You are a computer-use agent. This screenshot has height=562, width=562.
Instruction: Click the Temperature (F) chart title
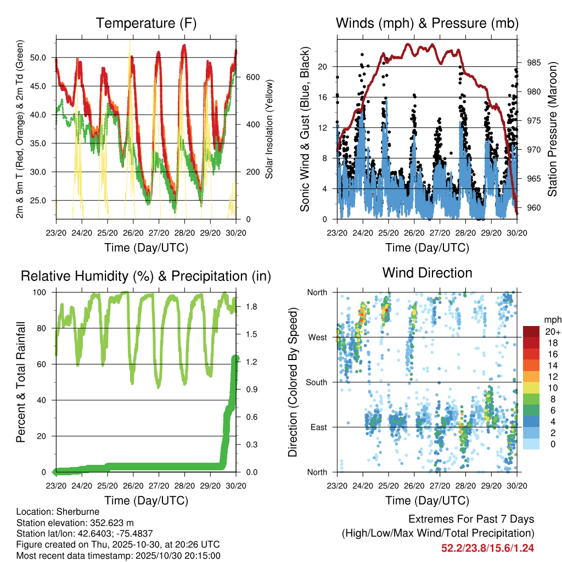tap(145, 23)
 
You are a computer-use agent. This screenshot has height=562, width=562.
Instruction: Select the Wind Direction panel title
tap(427, 273)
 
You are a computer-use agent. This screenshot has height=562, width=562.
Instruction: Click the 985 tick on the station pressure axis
tap(533, 63)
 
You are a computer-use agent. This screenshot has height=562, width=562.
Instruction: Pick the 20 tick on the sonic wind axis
tap(323, 66)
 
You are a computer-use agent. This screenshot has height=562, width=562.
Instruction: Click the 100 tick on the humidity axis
tap(42, 293)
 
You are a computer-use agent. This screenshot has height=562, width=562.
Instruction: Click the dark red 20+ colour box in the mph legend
tap(531, 331)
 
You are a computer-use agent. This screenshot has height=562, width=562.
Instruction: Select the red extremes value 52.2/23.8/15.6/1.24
tap(487, 548)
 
